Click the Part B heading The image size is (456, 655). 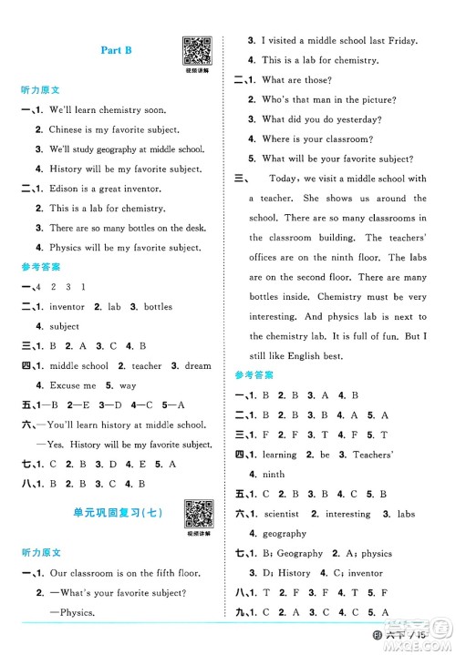(x=116, y=51)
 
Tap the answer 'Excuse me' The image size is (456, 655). (x=69, y=385)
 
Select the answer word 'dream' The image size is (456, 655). (x=194, y=365)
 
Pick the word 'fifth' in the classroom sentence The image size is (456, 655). (x=152, y=573)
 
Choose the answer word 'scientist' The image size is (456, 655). (x=282, y=514)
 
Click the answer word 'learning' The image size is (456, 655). (x=279, y=455)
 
